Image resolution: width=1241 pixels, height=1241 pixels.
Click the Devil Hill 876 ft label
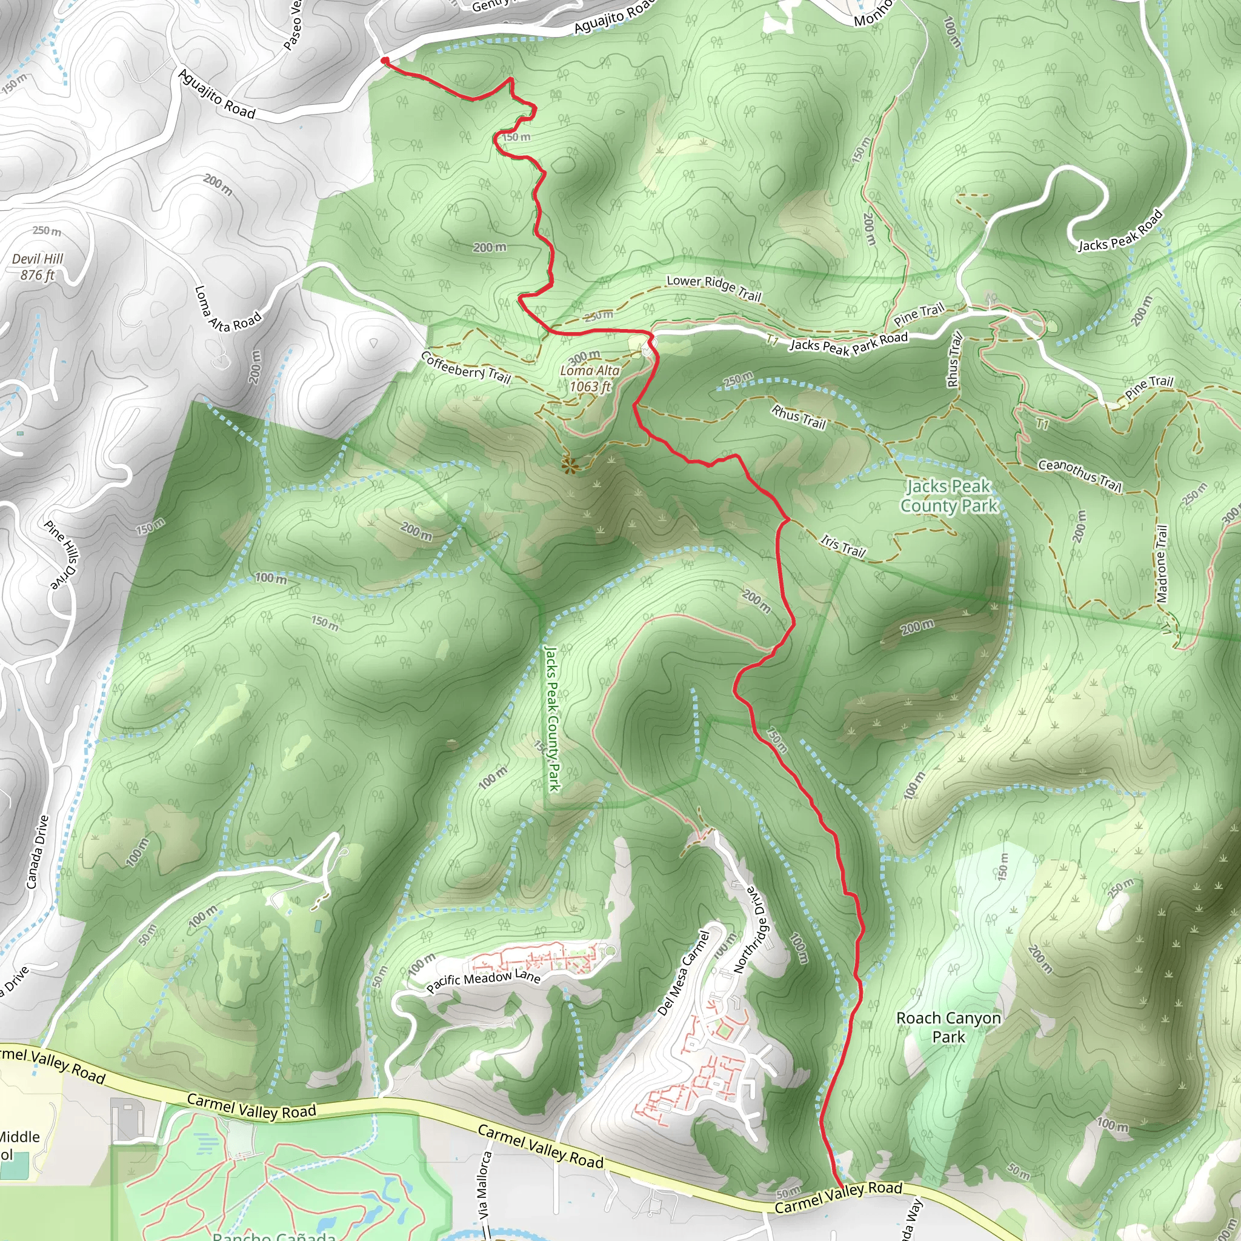tap(38, 267)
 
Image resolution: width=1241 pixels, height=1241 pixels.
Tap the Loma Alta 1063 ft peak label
tap(590, 378)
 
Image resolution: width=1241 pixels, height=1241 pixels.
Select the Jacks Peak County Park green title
tap(949, 496)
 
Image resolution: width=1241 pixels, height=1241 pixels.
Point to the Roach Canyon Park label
tap(948, 1027)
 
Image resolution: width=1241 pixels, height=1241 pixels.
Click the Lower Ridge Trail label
tap(714, 288)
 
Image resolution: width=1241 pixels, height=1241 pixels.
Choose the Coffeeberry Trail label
tap(466, 367)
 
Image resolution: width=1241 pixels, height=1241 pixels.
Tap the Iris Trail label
tap(843, 546)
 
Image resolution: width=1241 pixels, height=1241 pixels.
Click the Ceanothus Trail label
tap(1080, 474)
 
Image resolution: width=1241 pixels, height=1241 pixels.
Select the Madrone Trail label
tap(1162, 564)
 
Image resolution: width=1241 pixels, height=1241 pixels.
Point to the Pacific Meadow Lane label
tap(483, 981)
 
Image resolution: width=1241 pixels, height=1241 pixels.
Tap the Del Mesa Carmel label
tap(684, 974)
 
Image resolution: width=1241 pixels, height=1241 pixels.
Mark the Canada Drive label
tap(37, 852)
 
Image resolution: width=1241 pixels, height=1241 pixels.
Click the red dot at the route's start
tap(385, 61)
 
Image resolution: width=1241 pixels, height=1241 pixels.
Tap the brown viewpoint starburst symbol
tap(568, 464)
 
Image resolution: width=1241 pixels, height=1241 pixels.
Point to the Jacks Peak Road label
tap(1120, 231)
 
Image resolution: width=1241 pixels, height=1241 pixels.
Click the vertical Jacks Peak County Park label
tap(553, 718)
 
